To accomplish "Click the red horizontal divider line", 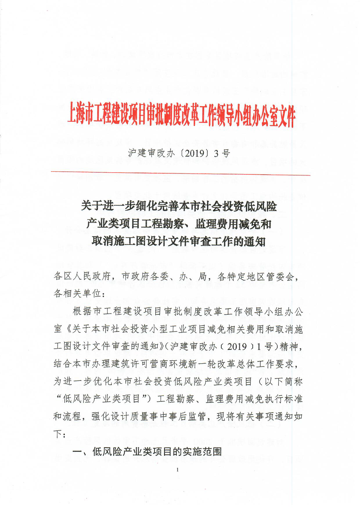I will click(180, 173).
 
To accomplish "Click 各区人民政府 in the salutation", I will click(82, 276).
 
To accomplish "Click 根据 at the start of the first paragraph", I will click(82, 311).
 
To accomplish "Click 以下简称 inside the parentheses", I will click(283, 381).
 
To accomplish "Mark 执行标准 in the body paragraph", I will click(284, 399).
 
